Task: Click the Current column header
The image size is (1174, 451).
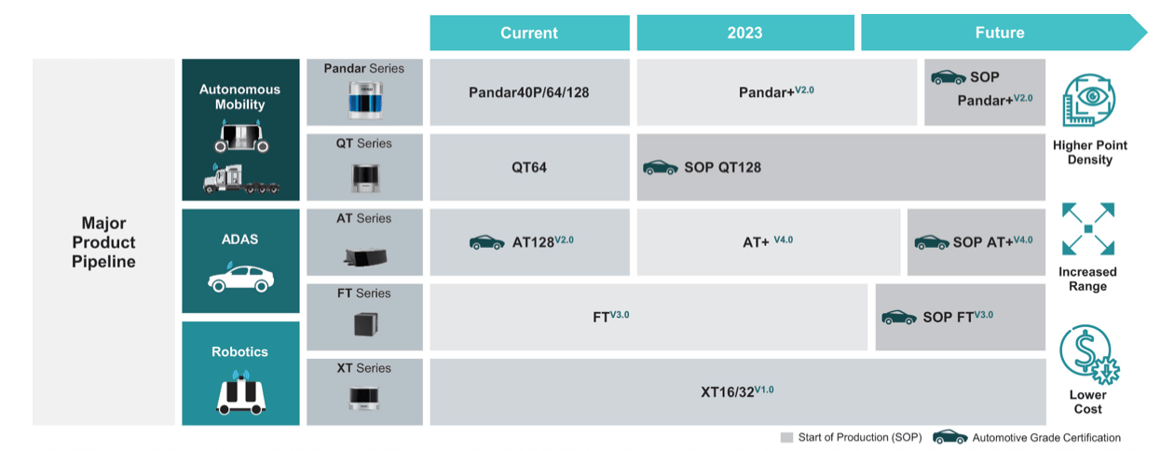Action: click(529, 33)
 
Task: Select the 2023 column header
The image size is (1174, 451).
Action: click(745, 33)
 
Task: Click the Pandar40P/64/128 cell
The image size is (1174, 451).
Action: click(529, 92)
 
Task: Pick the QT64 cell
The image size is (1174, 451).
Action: click(529, 168)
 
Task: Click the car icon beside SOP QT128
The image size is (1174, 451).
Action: click(661, 168)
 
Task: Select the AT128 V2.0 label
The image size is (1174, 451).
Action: click(543, 241)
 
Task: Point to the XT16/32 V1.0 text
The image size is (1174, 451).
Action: click(737, 391)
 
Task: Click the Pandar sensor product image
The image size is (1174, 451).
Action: click(365, 100)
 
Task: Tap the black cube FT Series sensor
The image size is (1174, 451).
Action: click(365, 324)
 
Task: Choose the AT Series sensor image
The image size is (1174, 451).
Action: click(365, 256)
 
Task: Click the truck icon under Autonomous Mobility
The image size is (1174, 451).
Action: click(241, 179)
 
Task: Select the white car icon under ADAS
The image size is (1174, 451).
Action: click(240, 278)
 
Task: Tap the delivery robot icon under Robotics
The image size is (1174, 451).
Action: click(240, 393)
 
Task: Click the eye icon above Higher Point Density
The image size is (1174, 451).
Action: click(1088, 100)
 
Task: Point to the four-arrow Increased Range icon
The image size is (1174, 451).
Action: click(1088, 228)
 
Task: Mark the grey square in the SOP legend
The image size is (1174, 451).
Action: click(786, 437)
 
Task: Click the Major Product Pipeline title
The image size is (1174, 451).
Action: click(103, 242)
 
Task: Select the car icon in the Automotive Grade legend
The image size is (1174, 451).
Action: click(950, 437)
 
